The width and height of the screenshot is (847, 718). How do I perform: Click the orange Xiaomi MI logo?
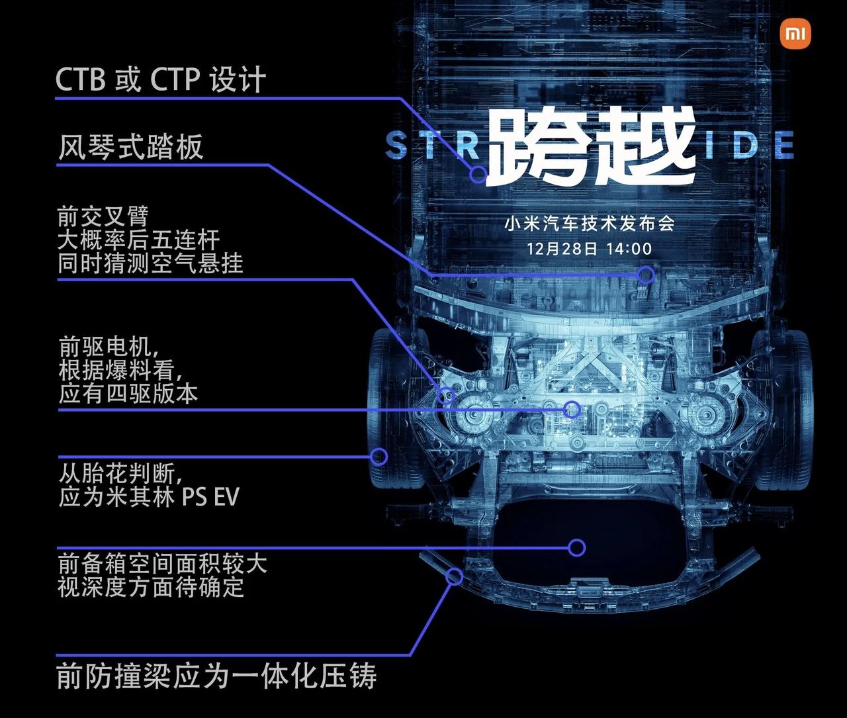795,34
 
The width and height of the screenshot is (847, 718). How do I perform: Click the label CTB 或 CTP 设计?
160,79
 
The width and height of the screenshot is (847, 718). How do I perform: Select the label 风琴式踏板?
130,147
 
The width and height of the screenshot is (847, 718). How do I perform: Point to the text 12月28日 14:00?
589,249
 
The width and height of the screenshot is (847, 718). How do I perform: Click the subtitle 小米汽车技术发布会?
590,224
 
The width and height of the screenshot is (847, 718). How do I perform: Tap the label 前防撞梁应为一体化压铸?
216,676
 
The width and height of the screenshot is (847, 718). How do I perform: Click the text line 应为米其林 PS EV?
149,497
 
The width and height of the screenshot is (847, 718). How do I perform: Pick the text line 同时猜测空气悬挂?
150,263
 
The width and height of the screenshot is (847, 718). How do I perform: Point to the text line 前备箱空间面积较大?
162,564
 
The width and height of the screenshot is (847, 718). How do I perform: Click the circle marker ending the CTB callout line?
478,175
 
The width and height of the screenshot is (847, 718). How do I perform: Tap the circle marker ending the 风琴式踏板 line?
646,275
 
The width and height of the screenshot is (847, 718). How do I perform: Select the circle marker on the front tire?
379,456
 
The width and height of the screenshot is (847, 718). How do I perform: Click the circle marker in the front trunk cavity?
577,547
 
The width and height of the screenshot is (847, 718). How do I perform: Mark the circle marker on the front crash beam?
454,576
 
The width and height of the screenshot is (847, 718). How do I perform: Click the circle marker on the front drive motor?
572,410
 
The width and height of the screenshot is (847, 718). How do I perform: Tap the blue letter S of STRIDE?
396,146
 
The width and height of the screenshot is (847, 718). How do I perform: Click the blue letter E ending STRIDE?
783,146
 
